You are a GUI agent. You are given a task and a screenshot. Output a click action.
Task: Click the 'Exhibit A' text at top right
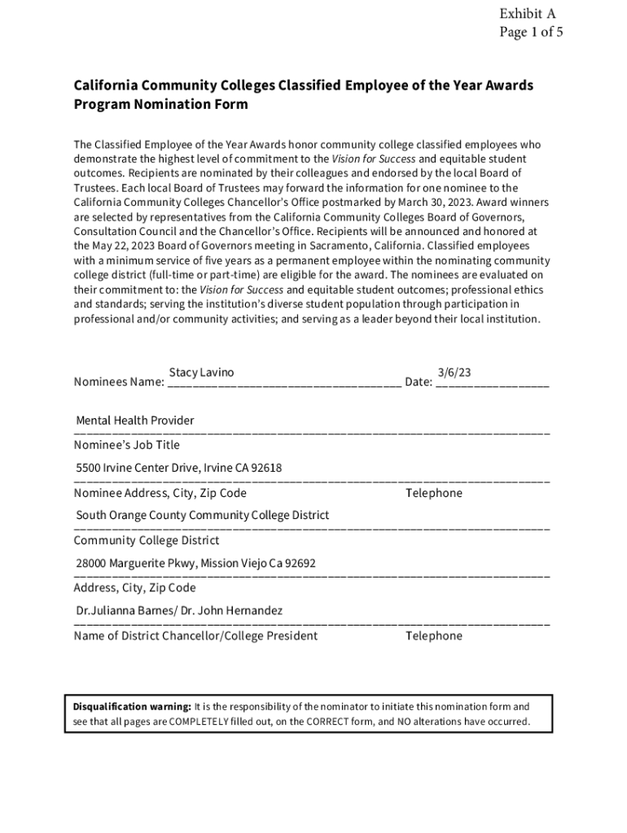pyautogui.click(x=528, y=13)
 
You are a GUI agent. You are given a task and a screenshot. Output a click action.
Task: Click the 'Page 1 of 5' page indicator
pyautogui.click(x=531, y=33)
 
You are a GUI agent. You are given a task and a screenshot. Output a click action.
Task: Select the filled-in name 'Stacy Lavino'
pyautogui.click(x=201, y=373)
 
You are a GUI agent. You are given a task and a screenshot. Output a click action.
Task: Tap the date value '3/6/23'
pyautogui.click(x=454, y=373)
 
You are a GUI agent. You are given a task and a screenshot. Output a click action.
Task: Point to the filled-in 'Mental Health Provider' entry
pyautogui.click(x=135, y=421)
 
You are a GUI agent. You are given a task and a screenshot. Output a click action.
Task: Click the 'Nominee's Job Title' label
pyautogui.click(x=127, y=445)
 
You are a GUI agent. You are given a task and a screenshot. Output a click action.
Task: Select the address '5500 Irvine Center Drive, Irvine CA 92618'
pyautogui.click(x=179, y=468)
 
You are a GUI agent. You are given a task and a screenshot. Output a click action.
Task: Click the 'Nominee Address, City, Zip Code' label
pyautogui.click(x=160, y=493)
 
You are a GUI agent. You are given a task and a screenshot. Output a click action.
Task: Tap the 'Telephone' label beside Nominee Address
pyautogui.click(x=434, y=493)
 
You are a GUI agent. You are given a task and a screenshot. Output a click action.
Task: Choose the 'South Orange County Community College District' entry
pyautogui.click(x=203, y=515)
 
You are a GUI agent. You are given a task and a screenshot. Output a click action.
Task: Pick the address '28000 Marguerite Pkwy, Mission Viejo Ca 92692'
pyautogui.click(x=196, y=563)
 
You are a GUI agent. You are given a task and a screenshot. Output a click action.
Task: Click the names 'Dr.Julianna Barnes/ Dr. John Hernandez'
pyautogui.click(x=179, y=610)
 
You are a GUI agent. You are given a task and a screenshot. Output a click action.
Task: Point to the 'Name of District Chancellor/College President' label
pyautogui.click(x=195, y=635)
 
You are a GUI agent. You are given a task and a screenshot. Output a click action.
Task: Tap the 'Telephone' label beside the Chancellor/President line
pyautogui.click(x=434, y=635)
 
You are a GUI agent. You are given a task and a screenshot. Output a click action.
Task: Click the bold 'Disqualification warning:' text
pyautogui.click(x=132, y=707)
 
